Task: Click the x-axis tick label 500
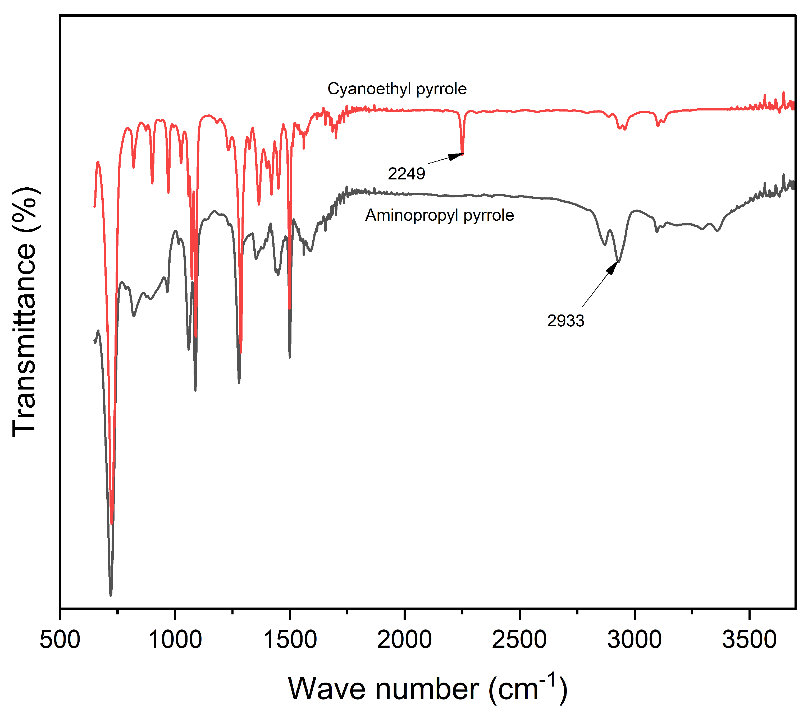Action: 60,640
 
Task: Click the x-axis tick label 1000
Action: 175,640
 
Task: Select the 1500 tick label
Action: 290,640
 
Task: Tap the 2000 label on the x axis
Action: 404,640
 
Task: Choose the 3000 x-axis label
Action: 634,640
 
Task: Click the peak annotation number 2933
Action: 566,321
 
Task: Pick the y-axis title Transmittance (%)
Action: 25,312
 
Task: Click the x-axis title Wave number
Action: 384,689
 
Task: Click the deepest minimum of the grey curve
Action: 111,595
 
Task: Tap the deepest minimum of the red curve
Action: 112,523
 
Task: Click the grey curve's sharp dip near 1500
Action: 290,357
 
